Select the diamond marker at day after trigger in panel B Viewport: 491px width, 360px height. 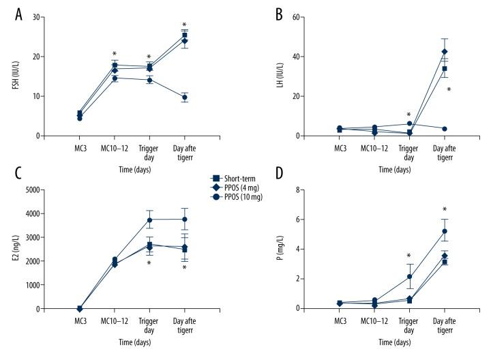coord(445,52)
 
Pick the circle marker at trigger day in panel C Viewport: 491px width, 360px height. coord(149,220)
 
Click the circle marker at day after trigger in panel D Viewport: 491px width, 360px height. coord(445,231)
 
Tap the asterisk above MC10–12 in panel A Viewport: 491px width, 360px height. coord(114,54)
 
